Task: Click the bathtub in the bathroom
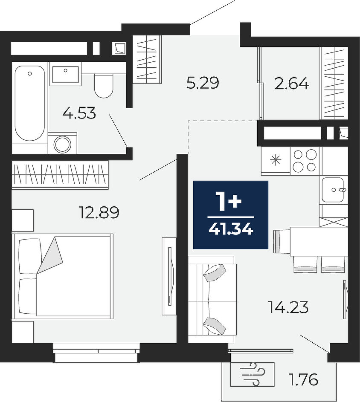pyautogui.click(x=30, y=103)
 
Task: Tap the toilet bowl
pyautogui.click(x=104, y=86)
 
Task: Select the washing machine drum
pyautogui.click(x=62, y=145)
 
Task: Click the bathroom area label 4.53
pyautogui.click(x=79, y=113)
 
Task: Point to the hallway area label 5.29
pyautogui.click(x=203, y=83)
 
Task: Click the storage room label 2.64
pyautogui.click(x=292, y=84)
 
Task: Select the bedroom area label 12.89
pyautogui.click(x=99, y=213)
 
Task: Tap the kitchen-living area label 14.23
pyautogui.click(x=288, y=307)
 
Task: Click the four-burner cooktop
pyautogui.click(x=305, y=161)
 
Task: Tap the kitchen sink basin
pyautogui.click(x=333, y=190)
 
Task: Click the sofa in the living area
pyautogui.click(x=212, y=299)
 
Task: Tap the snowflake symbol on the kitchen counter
pyautogui.click(x=276, y=160)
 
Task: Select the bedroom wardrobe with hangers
pyautogui.click(x=60, y=175)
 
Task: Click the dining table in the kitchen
pyautogui.click(x=319, y=241)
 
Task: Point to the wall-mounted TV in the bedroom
pyautogui.click(x=169, y=276)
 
